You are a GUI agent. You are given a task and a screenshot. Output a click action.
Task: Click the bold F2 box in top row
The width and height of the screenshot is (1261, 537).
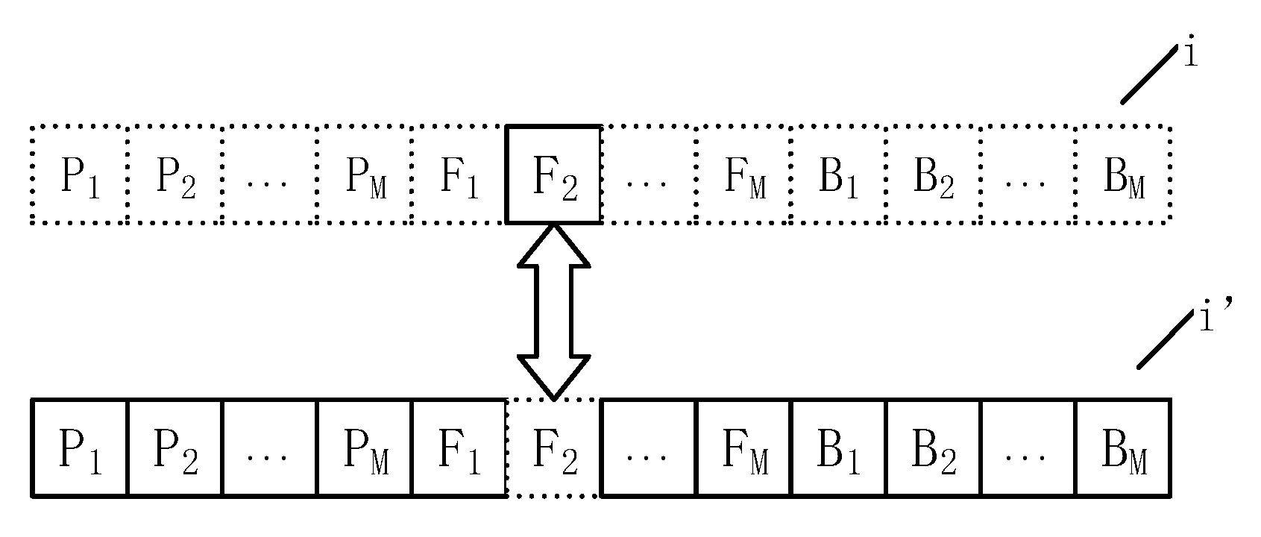point(553,175)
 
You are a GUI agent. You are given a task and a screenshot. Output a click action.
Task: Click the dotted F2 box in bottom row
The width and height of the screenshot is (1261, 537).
point(553,448)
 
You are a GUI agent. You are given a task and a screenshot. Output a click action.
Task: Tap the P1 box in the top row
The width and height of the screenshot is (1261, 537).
point(80,175)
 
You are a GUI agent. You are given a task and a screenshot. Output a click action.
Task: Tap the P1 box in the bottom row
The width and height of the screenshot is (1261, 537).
point(80,448)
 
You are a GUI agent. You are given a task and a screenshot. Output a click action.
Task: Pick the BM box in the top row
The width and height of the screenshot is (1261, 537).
point(1122,175)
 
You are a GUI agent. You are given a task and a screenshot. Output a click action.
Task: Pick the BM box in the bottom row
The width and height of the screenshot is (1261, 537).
point(1122,448)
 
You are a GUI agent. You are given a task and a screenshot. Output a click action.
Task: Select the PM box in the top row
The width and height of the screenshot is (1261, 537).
point(364,175)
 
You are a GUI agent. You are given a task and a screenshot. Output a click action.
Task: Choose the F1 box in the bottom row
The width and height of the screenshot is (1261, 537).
point(459,448)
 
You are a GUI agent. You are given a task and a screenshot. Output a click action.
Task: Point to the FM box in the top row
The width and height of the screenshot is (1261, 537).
point(743,175)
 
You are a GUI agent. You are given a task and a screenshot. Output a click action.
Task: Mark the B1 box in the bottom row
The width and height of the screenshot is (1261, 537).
point(838,448)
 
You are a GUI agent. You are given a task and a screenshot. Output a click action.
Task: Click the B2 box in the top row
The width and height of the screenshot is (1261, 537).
point(933,175)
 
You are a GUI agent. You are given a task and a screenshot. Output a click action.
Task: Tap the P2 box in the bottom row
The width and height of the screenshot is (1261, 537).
point(175,448)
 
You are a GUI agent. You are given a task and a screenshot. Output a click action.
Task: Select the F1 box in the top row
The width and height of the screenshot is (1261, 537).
point(459,175)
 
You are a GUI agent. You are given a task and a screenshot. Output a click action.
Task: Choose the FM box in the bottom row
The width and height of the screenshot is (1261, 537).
point(743,448)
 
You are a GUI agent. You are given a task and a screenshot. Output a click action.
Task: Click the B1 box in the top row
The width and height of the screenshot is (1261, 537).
point(838,175)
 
